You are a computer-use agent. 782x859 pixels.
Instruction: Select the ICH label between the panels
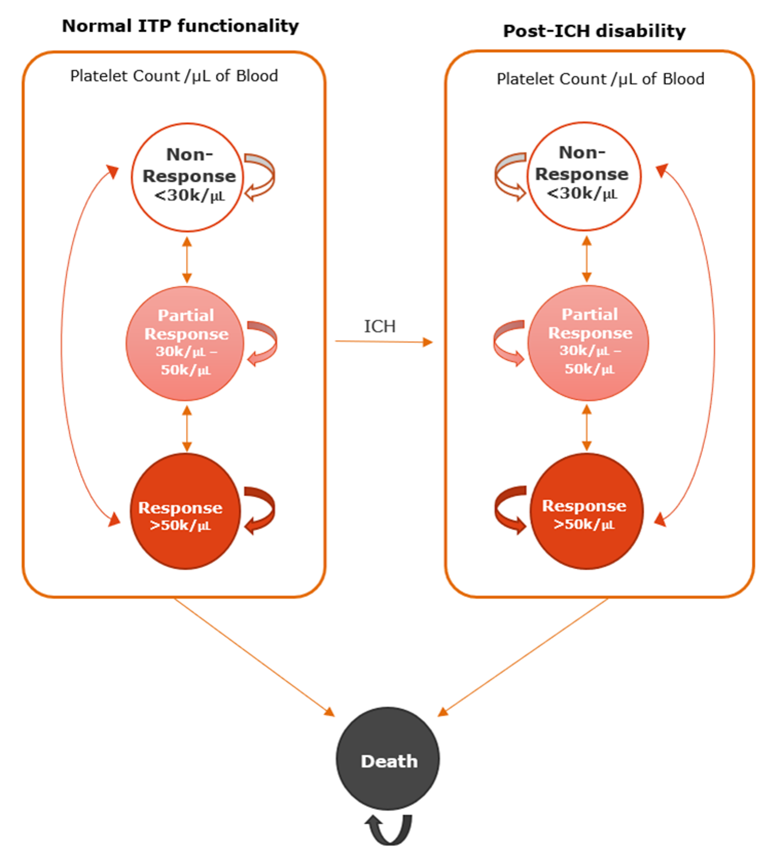[x=379, y=326]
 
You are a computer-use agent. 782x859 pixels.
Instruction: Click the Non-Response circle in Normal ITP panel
[x=187, y=177]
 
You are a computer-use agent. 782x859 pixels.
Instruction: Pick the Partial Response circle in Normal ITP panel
[x=185, y=343]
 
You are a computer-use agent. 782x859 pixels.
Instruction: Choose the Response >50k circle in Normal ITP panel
[x=185, y=511]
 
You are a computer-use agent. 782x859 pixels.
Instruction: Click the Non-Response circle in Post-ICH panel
[x=584, y=176]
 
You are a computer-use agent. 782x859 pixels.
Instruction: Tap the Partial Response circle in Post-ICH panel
[x=588, y=342]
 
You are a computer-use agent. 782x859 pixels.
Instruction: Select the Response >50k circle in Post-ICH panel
[x=586, y=511]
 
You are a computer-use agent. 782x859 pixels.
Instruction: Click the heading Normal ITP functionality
[x=180, y=26]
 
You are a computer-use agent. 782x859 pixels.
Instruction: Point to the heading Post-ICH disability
[x=594, y=31]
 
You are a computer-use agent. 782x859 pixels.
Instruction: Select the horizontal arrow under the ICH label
[x=383, y=341]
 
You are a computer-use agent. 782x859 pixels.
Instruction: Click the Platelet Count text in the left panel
[x=174, y=76]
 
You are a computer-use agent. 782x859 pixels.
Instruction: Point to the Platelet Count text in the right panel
[x=600, y=79]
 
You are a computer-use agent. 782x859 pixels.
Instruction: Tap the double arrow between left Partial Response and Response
[x=187, y=428]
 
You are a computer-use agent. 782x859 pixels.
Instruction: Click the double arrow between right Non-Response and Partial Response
[x=587, y=259]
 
